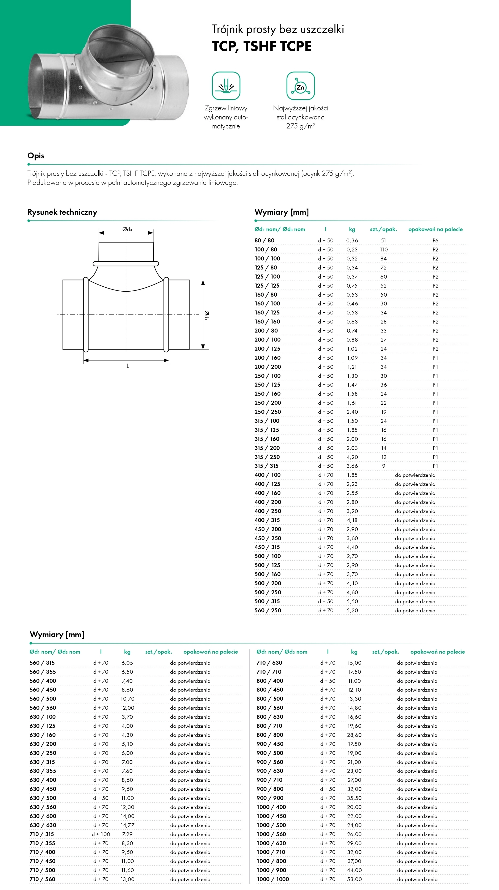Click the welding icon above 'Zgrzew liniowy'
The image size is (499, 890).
pos(226,86)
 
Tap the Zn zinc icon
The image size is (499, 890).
pos(301,86)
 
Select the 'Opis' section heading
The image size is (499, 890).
pos(36,156)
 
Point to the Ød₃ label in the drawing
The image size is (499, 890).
pos(127,229)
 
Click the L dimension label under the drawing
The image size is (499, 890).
pos(128,365)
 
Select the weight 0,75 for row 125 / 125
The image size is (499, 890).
pos(352,286)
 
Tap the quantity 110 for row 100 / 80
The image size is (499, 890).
pos(384,249)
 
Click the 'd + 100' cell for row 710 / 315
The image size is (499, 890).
pos(101,834)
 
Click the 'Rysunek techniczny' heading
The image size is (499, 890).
pos(62,212)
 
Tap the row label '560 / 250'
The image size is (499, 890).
pos(268,610)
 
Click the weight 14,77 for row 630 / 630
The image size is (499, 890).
pos(127,825)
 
